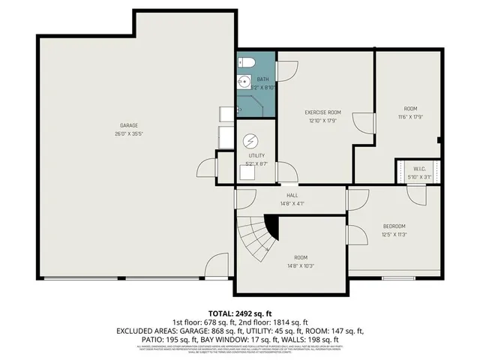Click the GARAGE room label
pyautogui.click(x=129, y=125)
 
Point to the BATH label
pyautogui.click(x=262, y=79)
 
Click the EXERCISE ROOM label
pyautogui.click(x=323, y=112)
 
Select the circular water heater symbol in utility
pyautogui.click(x=251, y=140)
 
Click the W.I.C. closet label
pyautogui.click(x=418, y=169)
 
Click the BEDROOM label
pyautogui.click(x=394, y=226)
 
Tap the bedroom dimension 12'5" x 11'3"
pyautogui.click(x=394, y=235)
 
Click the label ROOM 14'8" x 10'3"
pyautogui.click(x=301, y=261)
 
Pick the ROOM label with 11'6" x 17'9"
pyautogui.click(x=410, y=112)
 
